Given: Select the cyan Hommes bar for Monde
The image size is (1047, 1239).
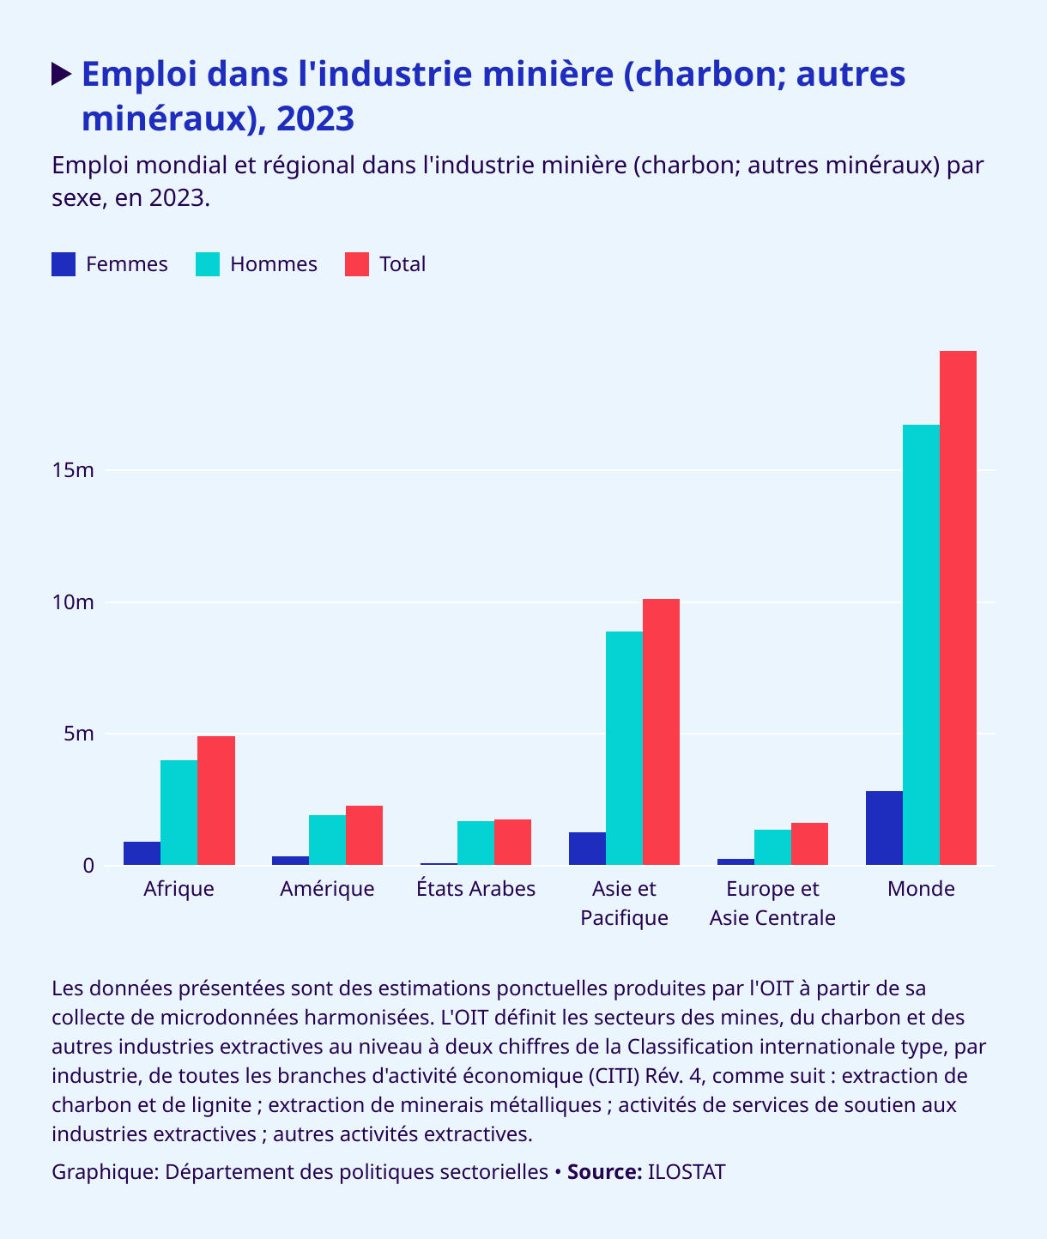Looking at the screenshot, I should (x=921, y=644).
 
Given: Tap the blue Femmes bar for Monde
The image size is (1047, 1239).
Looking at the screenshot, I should (x=884, y=828).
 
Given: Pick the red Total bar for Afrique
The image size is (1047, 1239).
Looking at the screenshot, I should (x=216, y=801).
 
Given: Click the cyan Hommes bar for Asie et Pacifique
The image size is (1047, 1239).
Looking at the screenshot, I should (x=624, y=748).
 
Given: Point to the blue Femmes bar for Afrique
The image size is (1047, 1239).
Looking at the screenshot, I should (x=142, y=854).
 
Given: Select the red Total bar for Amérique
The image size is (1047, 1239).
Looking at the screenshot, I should (x=364, y=835).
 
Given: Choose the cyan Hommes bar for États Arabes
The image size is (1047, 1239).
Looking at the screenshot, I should (x=475, y=843).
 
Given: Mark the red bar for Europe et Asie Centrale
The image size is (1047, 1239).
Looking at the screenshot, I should (x=809, y=843).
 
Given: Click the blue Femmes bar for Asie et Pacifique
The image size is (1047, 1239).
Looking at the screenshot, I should (x=587, y=849).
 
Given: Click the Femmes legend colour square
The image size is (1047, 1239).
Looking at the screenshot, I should (x=64, y=264).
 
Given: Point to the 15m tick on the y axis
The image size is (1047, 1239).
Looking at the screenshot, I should (x=72, y=470).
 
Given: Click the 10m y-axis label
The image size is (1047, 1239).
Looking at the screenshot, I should (x=72, y=602).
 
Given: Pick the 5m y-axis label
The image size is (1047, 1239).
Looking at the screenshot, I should (x=77, y=734).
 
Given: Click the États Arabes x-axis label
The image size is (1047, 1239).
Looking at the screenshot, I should (x=475, y=889).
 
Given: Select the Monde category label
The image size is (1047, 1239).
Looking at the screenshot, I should (x=921, y=889).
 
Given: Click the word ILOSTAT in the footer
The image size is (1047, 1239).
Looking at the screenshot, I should (x=686, y=1172).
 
